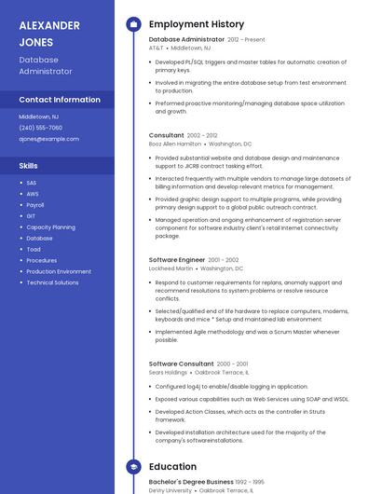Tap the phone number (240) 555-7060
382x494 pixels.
40,128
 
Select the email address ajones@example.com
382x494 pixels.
48,139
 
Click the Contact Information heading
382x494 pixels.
60,100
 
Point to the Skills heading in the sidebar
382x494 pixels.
29,165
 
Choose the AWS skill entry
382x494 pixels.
33,194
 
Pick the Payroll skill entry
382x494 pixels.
35,205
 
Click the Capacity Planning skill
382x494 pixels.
50,227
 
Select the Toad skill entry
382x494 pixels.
34,250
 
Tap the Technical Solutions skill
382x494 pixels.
52,282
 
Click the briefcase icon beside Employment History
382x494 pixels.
133,24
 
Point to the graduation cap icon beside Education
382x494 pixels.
133,467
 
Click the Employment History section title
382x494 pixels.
197,24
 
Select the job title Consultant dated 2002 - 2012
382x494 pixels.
167,135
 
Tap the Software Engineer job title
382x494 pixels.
176,259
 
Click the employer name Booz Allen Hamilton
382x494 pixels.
175,144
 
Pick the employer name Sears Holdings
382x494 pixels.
169,372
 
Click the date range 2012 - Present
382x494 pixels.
246,40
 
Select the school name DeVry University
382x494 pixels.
170,490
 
